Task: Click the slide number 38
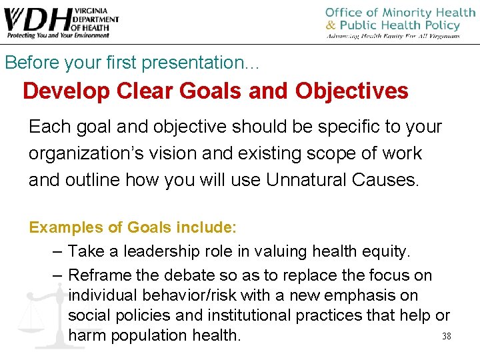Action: click(447, 337)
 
